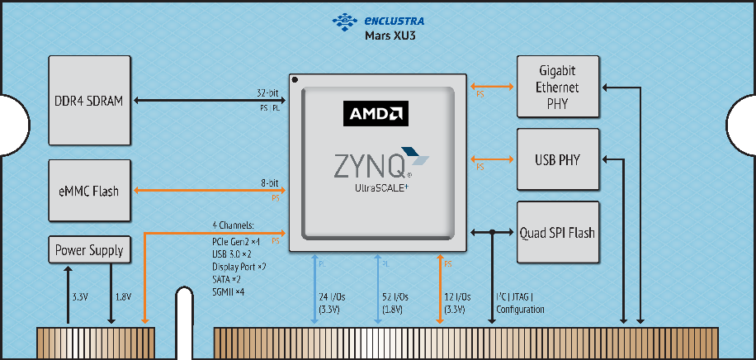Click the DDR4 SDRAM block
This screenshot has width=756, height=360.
pyautogui.click(x=90, y=101)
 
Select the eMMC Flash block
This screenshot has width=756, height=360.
pyautogui.click(x=90, y=191)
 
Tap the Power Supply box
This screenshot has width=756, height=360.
pyautogui.click(x=89, y=249)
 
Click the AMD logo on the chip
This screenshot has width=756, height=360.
pyautogui.click(x=376, y=113)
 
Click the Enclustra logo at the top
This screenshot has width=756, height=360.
pyautogui.click(x=387, y=20)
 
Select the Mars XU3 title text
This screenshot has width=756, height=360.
pyautogui.click(x=389, y=36)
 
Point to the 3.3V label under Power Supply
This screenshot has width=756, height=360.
pyautogui.click(x=79, y=296)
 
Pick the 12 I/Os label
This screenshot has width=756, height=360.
pyautogui.click(x=456, y=296)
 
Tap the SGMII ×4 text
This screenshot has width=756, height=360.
pyautogui.click(x=228, y=291)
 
